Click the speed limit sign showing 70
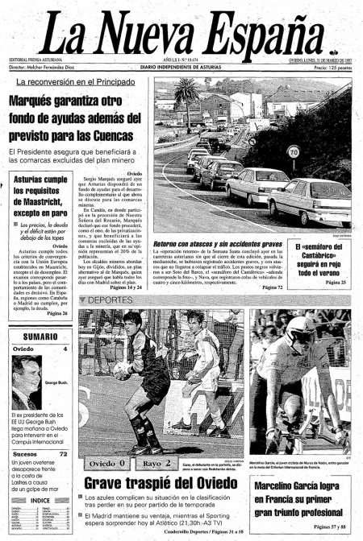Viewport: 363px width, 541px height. pos(293,151)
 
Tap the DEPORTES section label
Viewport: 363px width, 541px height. pos(113,299)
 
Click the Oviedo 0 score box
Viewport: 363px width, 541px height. pos(107,464)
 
